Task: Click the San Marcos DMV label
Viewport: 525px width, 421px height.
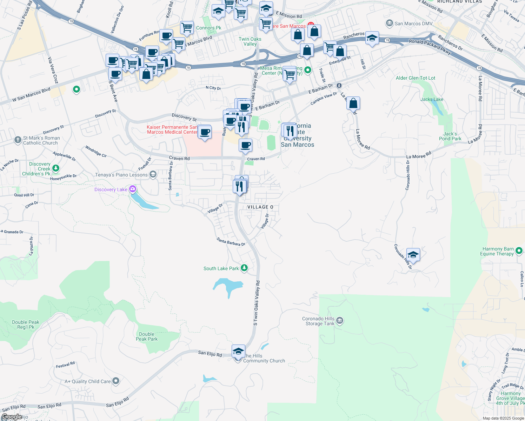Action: pos(413,24)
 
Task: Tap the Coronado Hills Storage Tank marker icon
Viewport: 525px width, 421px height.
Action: pos(339,321)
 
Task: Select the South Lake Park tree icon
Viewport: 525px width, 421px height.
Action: pos(244,268)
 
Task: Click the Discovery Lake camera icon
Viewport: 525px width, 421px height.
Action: pos(132,189)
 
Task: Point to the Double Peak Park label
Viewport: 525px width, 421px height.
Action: pos(147,336)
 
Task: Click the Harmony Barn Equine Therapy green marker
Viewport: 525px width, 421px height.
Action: pos(519,251)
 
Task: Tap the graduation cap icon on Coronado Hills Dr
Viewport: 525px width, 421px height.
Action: pos(413,255)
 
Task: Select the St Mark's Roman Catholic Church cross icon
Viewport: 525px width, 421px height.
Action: pos(18,140)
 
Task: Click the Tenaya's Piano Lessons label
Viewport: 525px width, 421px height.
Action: pos(121,175)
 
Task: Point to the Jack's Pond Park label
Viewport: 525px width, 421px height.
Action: pos(450,136)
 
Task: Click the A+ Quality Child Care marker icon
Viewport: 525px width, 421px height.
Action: pos(116,381)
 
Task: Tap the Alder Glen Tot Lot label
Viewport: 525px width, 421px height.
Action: pos(416,78)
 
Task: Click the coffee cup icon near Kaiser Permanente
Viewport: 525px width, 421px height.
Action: pos(205,132)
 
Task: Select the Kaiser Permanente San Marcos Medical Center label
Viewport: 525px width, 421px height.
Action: pos(172,129)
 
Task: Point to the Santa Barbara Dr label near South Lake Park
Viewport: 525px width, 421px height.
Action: pos(231,242)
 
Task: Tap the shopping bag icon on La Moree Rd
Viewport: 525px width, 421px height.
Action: pos(353,103)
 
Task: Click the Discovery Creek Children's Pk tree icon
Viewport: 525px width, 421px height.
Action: pos(56,169)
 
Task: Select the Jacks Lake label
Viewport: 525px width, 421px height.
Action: pos(432,99)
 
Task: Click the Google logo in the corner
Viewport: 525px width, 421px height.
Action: pos(11,417)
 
